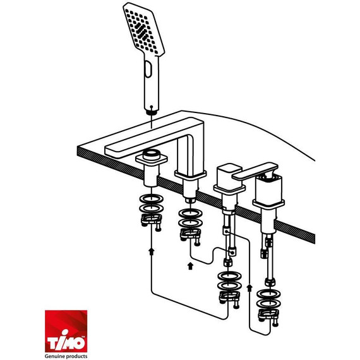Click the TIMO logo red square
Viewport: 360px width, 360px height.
tap(66, 331)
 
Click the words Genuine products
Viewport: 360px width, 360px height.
tap(66, 356)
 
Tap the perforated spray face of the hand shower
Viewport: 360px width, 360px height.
tap(143, 30)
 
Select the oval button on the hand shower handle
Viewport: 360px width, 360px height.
tap(148, 69)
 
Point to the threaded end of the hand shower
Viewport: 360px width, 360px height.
tap(152, 112)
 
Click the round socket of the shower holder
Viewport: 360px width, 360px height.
tap(152, 154)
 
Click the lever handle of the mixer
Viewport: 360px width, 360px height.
tap(255, 171)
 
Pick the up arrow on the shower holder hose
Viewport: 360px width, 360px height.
tap(151, 251)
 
